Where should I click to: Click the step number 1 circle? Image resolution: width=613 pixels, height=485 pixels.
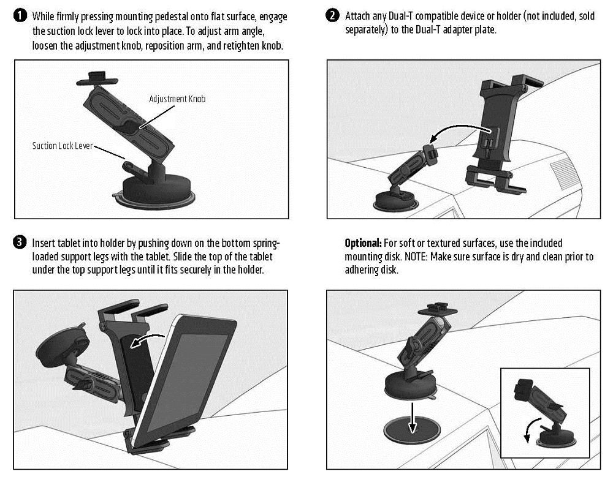coord(21,17)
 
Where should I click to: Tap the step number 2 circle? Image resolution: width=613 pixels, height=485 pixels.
coord(333,17)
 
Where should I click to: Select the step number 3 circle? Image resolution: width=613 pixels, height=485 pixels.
coord(21,243)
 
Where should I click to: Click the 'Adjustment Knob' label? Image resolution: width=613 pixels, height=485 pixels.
coord(177,99)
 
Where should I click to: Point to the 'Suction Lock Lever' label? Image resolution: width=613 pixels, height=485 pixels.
coord(63,146)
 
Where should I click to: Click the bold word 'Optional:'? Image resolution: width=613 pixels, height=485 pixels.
coord(362,243)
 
